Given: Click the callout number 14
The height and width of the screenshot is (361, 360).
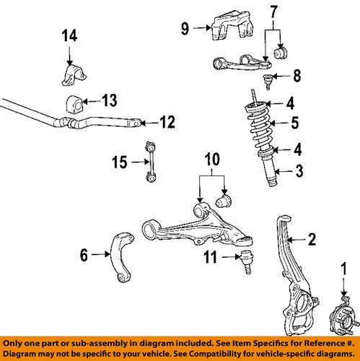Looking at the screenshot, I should click(69, 35).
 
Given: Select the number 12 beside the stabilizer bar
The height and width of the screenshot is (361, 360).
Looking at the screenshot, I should click(167, 123).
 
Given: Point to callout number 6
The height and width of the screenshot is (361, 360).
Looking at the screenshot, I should click(84, 254).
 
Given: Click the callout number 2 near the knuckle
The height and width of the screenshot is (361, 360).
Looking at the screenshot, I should click(312, 240).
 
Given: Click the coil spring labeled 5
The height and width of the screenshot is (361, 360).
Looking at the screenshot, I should click(265, 125).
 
